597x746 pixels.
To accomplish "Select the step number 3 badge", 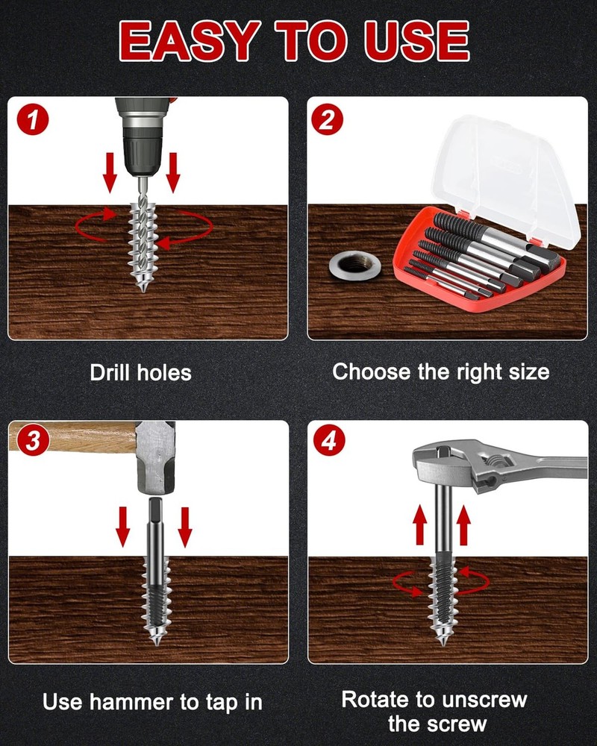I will [31, 441].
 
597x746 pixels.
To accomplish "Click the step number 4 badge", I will [329, 441].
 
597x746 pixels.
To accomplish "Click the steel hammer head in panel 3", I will [157, 455].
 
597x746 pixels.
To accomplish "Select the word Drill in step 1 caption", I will [109, 372].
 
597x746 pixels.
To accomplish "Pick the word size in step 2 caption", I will [527, 371].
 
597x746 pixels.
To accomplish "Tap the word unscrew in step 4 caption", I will [487, 700].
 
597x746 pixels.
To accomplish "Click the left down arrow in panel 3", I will [122, 527].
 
